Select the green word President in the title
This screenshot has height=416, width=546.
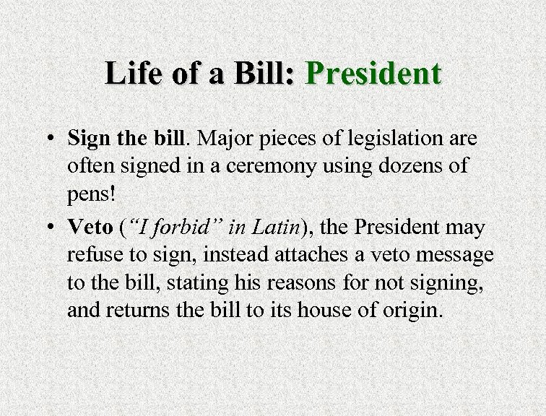373,74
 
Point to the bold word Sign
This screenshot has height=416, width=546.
87,136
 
